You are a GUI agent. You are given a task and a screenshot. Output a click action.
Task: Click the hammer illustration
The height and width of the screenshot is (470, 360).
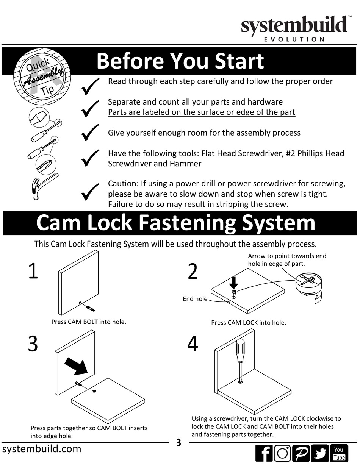[x=42, y=186]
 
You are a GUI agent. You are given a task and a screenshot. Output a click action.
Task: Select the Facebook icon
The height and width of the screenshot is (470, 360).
[x=264, y=453]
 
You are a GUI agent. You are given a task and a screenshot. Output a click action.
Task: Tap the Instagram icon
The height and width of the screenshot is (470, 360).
[x=282, y=453]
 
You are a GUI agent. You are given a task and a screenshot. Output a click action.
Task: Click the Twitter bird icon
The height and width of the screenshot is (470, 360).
[x=320, y=453]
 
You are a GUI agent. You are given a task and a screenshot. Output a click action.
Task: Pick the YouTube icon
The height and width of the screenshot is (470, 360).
[x=339, y=453]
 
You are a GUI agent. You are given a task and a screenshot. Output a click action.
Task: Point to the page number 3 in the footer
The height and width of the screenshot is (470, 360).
[x=179, y=442]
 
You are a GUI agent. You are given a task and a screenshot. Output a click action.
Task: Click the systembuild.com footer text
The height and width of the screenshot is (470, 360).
[x=42, y=449]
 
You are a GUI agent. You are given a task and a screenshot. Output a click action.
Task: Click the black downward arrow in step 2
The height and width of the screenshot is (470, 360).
[x=233, y=282]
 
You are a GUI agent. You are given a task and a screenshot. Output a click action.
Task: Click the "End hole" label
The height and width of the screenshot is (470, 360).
[x=195, y=299]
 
